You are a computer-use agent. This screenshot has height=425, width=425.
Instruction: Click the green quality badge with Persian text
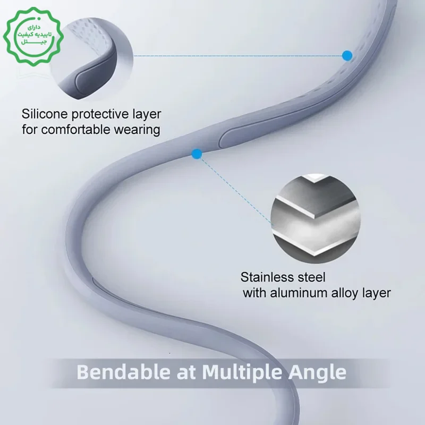click(33, 37)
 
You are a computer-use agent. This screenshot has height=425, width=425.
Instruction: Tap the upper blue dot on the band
click(347, 56)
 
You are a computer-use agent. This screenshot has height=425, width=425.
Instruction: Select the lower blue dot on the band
click(197, 154)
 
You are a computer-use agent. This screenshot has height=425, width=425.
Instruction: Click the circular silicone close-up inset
click(92, 59)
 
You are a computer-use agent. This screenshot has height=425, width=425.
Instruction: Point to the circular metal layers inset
click(315, 219)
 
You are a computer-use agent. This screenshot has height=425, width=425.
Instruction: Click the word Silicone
click(45, 114)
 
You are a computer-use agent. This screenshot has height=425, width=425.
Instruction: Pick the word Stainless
click(267, 277)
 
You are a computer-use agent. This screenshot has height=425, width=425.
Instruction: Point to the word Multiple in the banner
click(242, 373)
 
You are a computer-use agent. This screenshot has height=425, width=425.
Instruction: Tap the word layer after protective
click(147, 115)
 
